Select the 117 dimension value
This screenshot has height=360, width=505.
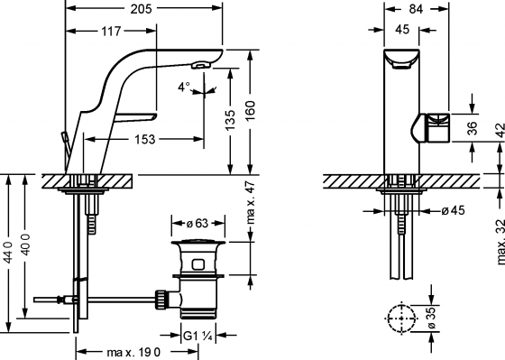click(x=113, y=31)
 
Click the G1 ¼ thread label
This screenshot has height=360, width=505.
click(x=198, y=337)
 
